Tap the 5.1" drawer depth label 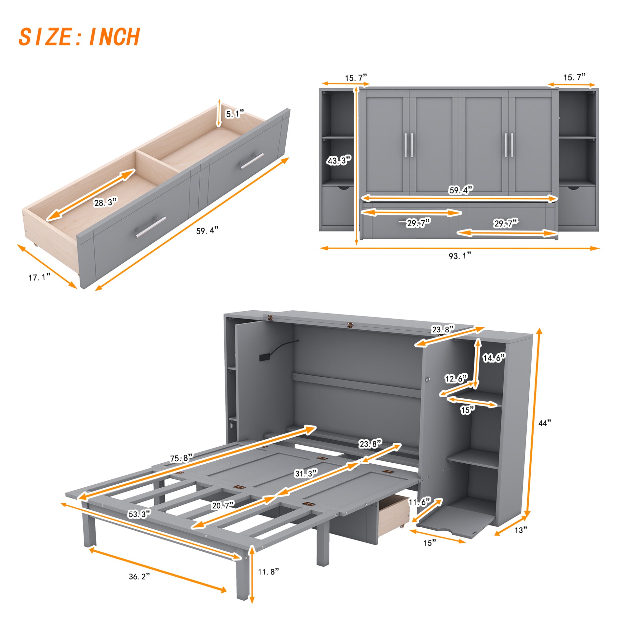234,114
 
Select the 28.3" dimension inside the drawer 105,202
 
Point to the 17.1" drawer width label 39,277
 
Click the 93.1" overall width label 460,256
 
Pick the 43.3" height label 339,161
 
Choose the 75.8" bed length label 181,458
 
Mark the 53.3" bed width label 139,514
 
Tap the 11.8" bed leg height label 268,572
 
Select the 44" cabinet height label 544,423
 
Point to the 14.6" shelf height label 494,358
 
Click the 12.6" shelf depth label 456,378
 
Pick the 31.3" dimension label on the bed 306,474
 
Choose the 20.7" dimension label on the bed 223,505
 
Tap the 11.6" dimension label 419,502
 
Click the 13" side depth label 520,530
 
